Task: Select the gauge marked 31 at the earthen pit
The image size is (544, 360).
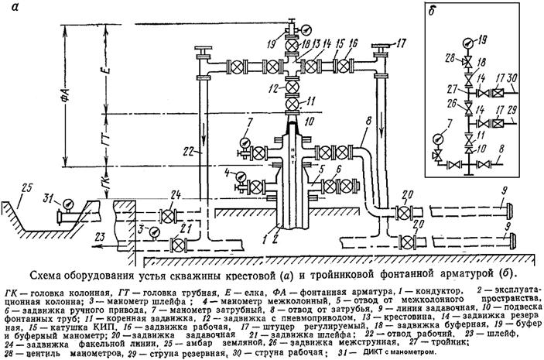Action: coord(70,203)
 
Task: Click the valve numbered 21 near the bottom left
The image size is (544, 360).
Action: coord(178,245)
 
